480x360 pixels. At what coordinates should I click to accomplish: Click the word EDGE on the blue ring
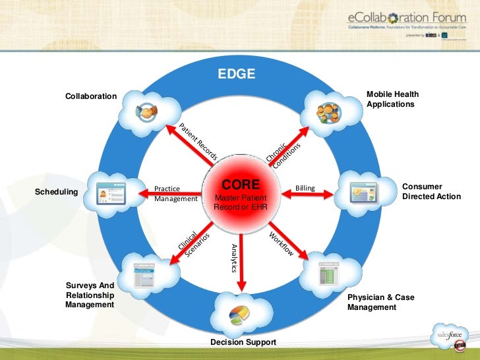pos(237,74)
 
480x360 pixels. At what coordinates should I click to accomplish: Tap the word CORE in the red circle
pos(241,184)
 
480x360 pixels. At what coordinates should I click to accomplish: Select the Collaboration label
pos(91,97)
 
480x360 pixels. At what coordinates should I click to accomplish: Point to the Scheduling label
pos(56,193)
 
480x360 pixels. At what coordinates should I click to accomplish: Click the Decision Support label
pos(243,342)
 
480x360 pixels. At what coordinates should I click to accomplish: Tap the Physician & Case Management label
pos(381,302)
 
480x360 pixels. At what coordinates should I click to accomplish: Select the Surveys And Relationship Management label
pos(90,295)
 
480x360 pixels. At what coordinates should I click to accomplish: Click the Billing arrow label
pos(305,189)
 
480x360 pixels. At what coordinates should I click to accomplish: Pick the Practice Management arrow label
pos(175,193)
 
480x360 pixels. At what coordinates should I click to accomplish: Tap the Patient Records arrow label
pos(198,142)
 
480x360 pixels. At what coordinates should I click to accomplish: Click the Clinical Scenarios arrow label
pos(194,244)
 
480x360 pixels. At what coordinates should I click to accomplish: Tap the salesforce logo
pos(452,338)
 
